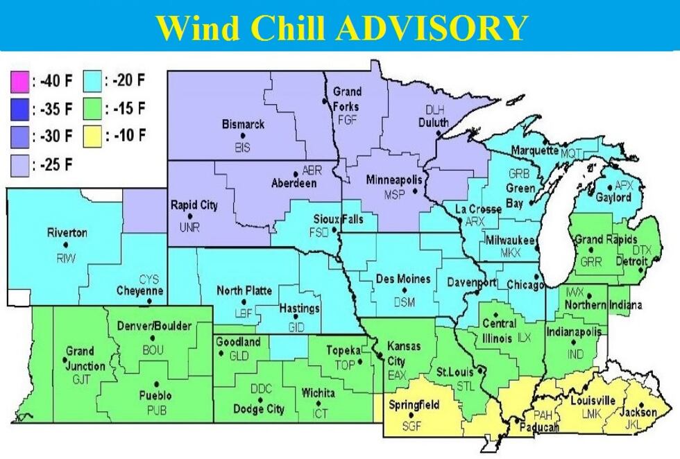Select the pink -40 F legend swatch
[x=19, y=83]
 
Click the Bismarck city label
[x=243, y=125]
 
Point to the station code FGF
[x=347, y=119]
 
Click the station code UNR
[x=189, y=227]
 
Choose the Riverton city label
[x=67, y=233]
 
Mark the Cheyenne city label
[x=139, y=291]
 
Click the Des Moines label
[x=403, y=279]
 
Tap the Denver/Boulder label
[x=154, y=326]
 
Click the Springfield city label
[x=414, y=405]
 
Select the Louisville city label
[x=593, y=401]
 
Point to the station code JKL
[x=638, y=424]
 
